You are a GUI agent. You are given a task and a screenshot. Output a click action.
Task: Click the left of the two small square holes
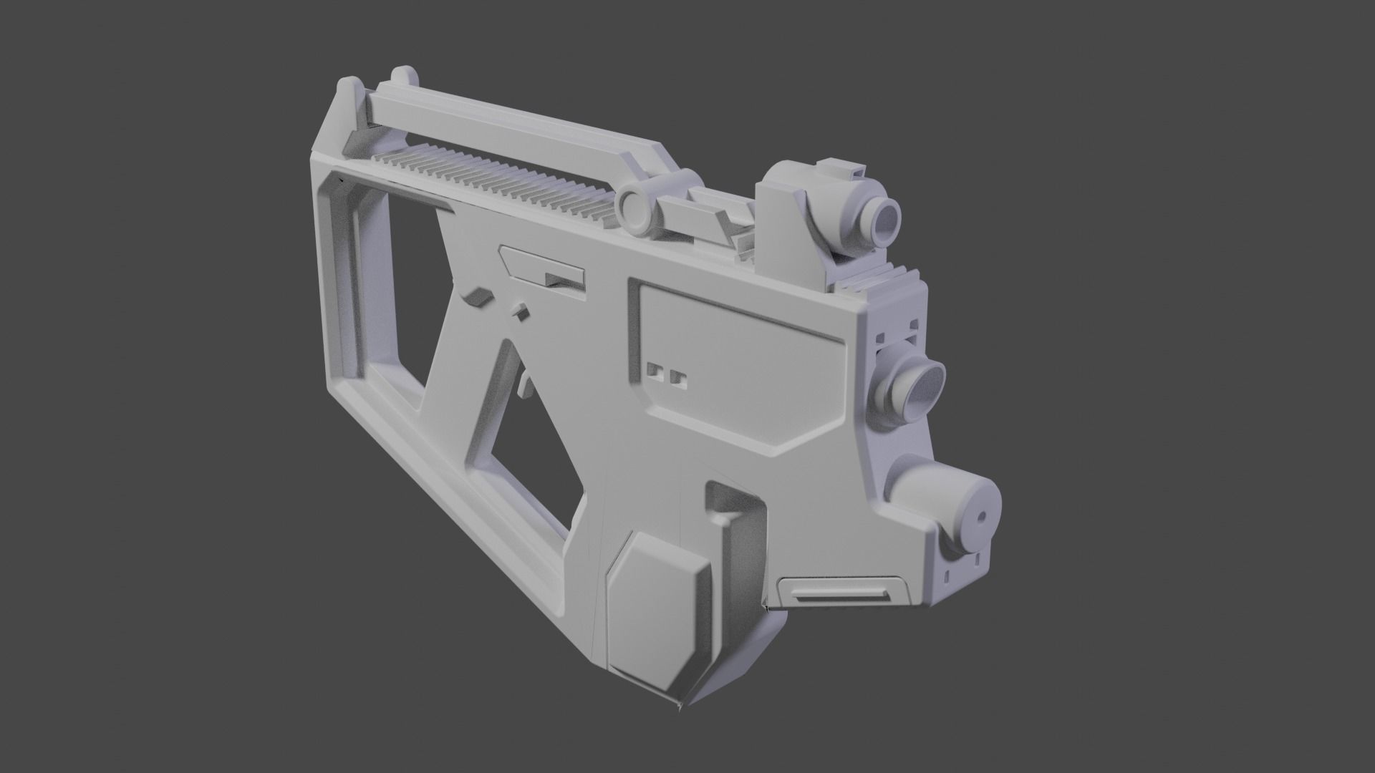[x=653, y=369]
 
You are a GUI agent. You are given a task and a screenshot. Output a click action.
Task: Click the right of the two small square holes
[x=676, y=376]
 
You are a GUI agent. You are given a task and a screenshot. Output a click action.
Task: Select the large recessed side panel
[x=738, y=358]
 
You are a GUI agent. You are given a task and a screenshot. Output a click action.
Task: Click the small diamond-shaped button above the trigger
[x=518, y=311]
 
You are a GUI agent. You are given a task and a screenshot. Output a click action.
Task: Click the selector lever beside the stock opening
[x=476, y=298]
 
